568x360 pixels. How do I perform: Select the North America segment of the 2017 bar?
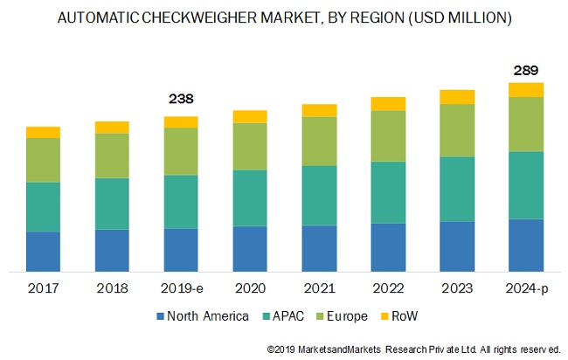click(x=43, y=251)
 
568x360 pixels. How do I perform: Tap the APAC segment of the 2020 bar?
click(x=250, y=197)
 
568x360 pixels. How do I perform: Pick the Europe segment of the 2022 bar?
click(x=388, y=135)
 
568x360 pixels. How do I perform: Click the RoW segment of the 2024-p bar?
click(x=526, y=89)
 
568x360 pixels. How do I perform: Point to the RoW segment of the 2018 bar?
click(x=112, y=128)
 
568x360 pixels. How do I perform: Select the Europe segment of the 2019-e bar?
click(x=181, y=151)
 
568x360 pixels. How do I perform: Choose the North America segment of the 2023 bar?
click(x=457, y=246)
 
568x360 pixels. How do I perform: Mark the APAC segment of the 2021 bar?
click(x=319, y=195)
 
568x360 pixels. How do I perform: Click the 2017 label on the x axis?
click(x=43, y=287)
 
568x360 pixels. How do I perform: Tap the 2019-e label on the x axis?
click(x=181, y=287)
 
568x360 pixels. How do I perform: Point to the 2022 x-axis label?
click(x=388, y=287)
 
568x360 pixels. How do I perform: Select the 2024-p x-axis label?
click(x=526, y=287)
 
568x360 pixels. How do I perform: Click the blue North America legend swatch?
click(x=161, y=315)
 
